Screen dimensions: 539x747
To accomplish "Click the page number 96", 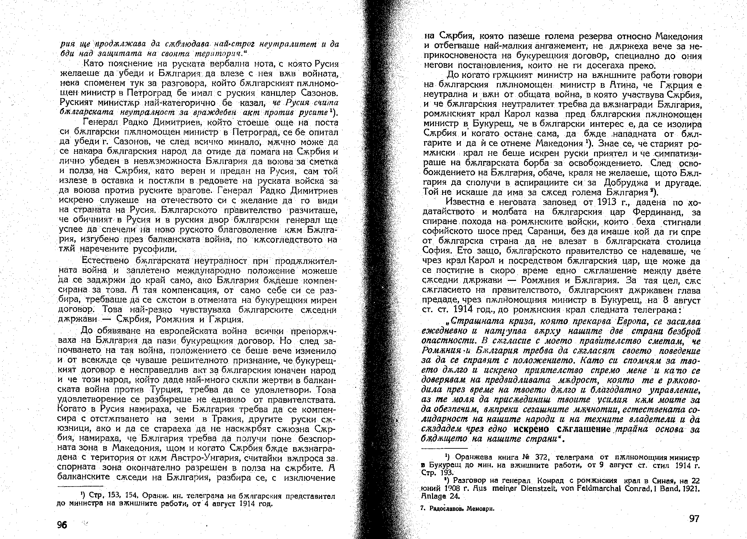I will (x=62, y=525).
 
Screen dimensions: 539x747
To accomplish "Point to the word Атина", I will (x=621, y=87).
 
